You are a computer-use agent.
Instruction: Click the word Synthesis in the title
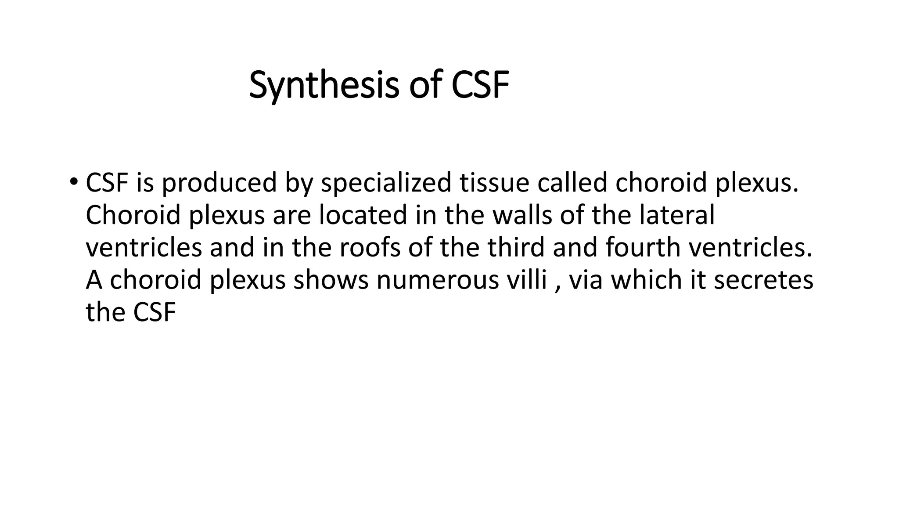pyautogui.click(x=324, y=85)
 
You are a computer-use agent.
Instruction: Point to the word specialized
pyautogui.click(x=386, y=183)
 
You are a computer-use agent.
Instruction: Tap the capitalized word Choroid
pyautogui.click(x=133, y=215)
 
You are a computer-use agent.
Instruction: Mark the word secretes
pyautogui.click(x=763, y=280)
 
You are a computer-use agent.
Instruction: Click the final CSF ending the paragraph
pyautogui.click(x=154, y=313)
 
